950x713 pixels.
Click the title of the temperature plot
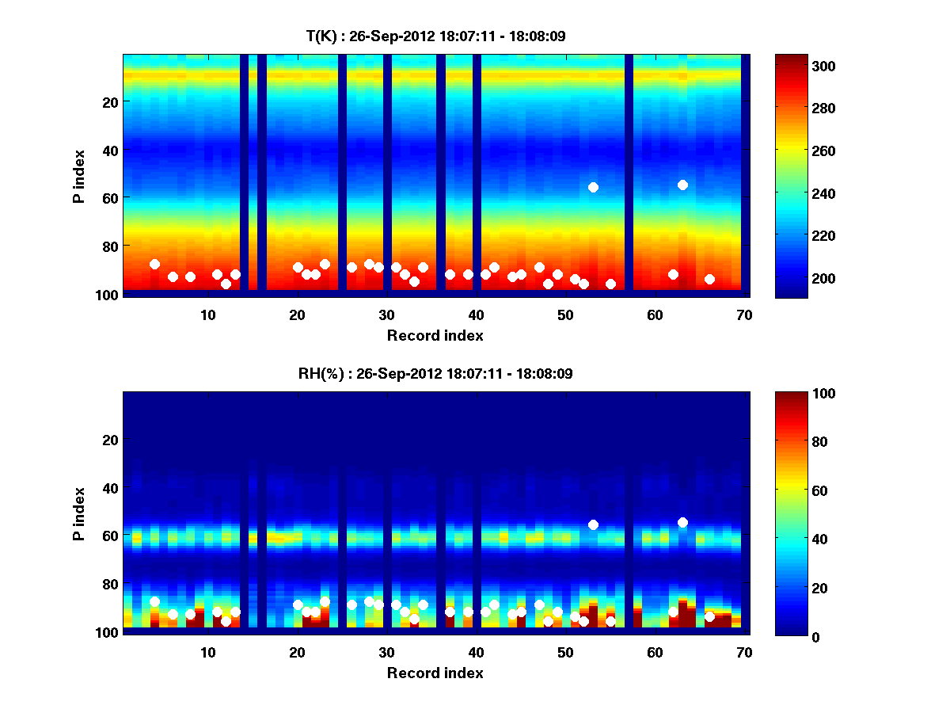point(435,36)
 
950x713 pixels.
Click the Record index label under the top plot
point(435,335)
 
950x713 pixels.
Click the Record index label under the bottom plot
point(435,673)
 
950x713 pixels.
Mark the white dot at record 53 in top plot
point(593,187)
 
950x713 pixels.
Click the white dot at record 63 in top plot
point(682,185)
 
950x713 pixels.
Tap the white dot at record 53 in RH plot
point(593,524)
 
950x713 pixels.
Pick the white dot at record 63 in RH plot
point(682,522)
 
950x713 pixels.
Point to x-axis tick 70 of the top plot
point(744,315)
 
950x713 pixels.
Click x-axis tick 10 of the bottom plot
point(207,652)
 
